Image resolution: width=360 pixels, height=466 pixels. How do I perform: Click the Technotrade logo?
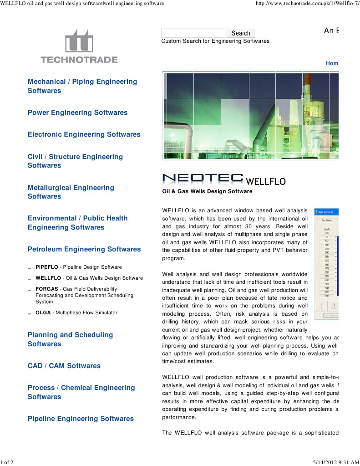[79, 46]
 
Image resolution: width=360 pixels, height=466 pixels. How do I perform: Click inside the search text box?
[193, 33]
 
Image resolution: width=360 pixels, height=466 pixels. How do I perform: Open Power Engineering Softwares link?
[77, 113]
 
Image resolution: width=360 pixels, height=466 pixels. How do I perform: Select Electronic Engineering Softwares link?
[84, 134]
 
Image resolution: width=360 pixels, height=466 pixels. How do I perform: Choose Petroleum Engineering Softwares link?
[84, 249]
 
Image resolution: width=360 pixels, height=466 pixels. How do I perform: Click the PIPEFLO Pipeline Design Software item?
[78, 267]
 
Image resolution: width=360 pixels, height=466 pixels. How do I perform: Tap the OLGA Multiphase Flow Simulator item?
[76, 312]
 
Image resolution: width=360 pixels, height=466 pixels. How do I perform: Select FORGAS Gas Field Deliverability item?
[84, 295]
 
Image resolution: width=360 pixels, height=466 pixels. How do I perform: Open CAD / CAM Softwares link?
[64, 366]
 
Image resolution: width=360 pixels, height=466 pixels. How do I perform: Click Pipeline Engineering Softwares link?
[81, 419]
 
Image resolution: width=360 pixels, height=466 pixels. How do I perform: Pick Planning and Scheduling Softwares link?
[70, 339]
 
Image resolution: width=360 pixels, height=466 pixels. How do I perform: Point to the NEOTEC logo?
[203, 179]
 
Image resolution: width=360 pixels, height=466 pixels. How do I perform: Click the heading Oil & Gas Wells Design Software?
[207, 191]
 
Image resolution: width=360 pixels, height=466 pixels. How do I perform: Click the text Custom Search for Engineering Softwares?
[215, 41]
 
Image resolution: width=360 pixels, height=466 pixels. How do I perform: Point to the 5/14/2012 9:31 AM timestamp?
[335, 462]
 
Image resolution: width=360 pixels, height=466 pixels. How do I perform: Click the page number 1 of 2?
[7, 462]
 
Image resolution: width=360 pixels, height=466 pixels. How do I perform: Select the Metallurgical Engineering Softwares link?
[71, 192]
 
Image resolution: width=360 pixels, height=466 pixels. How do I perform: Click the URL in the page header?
[308, 3]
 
